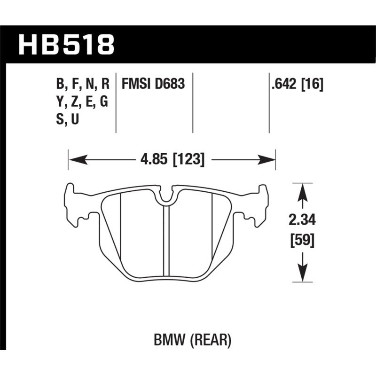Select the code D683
pos(168,85)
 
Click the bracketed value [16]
pos(313,85)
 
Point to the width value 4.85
pos(153,160)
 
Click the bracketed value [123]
pos(188,160)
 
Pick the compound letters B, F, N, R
pos(83,85)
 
